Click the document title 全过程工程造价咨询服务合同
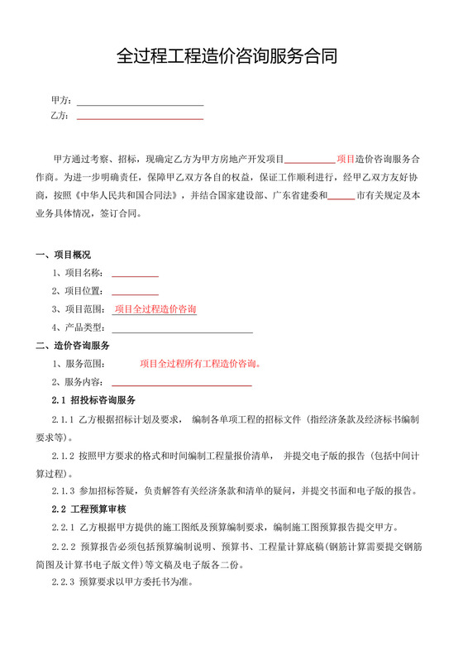[x=231, y=56]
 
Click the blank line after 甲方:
[x=140, y=104]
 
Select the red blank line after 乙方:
[x=140, y=118]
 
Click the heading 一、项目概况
[x=63, y=254]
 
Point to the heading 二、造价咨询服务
[x=73, y=345]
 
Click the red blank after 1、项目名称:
[x=135, y=275]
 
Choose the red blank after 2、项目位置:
[x=135, y=293]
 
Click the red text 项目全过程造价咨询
[x=155, y=309]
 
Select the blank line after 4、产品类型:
[x=181, y=331]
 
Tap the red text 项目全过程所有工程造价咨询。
[x=200, y=363]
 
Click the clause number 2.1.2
[x=63, y=455]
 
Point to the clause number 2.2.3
[x=63, y=582]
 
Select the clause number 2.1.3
[x=63, y=491]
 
